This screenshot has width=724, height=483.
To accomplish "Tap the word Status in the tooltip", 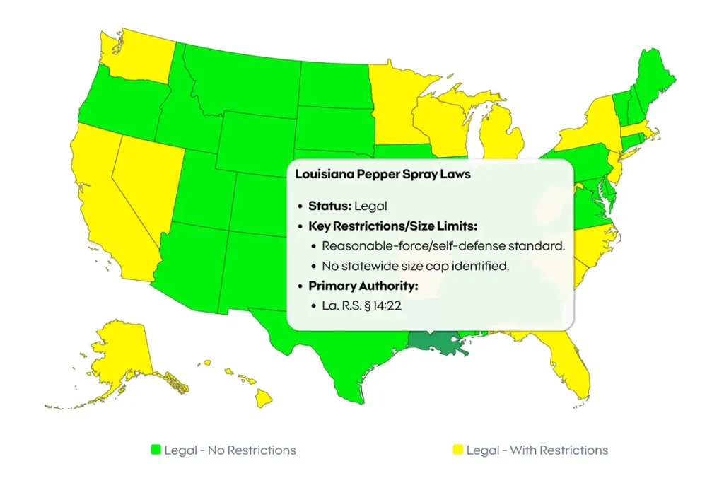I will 329,206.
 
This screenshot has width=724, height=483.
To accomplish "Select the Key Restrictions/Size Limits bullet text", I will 393,226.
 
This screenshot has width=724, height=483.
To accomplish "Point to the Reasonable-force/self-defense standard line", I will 443,246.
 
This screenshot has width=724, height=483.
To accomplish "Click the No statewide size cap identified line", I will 416,267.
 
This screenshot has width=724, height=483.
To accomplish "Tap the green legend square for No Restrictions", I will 156,450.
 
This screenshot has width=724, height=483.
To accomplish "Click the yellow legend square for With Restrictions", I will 457,450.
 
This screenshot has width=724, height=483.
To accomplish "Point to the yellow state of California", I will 106,191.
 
